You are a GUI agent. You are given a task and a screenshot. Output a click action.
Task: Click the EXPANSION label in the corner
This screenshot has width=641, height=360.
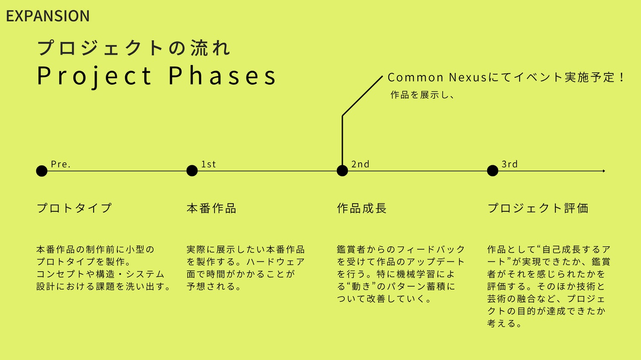point(48,16)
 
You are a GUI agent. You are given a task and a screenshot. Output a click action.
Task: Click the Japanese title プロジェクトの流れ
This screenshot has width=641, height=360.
point(134,48)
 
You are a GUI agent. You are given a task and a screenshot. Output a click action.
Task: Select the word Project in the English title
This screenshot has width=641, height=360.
point(94,76)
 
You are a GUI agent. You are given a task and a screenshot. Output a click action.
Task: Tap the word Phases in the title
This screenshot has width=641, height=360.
point(222,76)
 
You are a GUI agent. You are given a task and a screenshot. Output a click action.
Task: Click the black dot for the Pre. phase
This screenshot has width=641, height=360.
point(42,171)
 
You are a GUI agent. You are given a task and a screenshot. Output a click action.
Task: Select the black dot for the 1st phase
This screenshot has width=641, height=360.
point(192,171)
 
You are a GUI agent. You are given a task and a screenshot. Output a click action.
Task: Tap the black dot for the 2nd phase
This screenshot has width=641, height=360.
point(342,171)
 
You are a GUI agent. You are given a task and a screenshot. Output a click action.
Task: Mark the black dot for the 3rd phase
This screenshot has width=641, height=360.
point(493,171)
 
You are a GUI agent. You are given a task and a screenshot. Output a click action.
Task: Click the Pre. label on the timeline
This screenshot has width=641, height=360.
point(61,164)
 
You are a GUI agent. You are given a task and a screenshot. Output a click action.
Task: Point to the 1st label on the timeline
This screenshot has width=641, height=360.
point(209,164)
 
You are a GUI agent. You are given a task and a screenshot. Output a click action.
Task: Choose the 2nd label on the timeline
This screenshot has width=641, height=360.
point(360,164)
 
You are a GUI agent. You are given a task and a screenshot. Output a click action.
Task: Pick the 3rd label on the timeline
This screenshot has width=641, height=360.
point(509,164)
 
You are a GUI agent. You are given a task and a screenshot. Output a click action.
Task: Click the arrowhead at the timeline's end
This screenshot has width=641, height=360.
point(604,171)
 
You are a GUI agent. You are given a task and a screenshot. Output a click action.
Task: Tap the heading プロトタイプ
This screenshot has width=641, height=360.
point(74,208)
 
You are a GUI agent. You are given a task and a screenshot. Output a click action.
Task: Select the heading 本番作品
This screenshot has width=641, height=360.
point(212,208)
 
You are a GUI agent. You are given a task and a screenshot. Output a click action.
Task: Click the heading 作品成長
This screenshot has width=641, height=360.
point(362,208)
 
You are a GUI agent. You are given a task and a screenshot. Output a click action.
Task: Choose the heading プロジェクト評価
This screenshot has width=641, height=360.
point(538,208)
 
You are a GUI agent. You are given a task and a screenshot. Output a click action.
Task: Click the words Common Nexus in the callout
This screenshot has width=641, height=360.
point(437,78)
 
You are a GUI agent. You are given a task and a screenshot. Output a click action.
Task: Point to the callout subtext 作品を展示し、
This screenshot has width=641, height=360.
point(422,95)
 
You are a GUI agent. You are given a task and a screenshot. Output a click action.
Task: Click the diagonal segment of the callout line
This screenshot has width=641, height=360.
point(362,96)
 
